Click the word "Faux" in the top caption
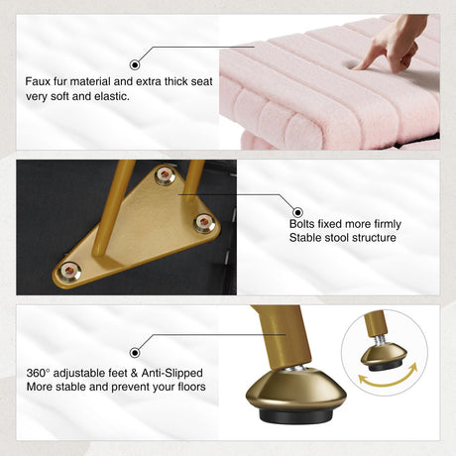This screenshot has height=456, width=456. (37, 81)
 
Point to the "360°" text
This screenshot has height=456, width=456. (38, 373)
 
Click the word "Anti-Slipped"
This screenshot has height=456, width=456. (171, 373)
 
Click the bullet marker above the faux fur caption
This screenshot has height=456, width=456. (135, 64)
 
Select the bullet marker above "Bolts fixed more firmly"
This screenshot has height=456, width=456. (297, 212)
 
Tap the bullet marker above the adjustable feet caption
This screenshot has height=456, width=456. (135, 353)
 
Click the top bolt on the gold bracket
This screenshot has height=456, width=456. (165, 175)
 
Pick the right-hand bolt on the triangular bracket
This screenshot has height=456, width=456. (204, 223)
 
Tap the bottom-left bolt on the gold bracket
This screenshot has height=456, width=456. (68, 272)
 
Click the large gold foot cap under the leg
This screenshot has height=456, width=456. (296, 389)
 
